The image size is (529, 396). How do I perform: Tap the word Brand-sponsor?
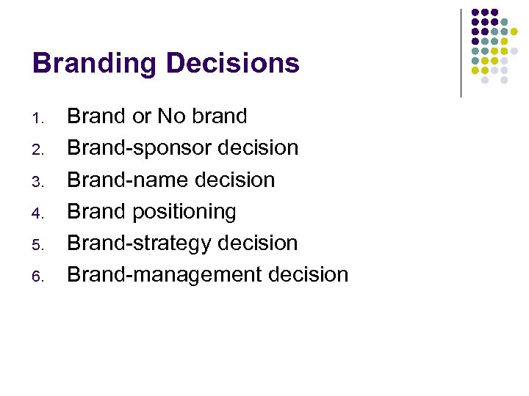pos(138,148)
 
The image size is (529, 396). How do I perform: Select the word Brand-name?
pos(126,180)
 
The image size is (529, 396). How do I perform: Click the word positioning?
pos(184,212)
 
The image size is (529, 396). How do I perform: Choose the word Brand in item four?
pos(96,211)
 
